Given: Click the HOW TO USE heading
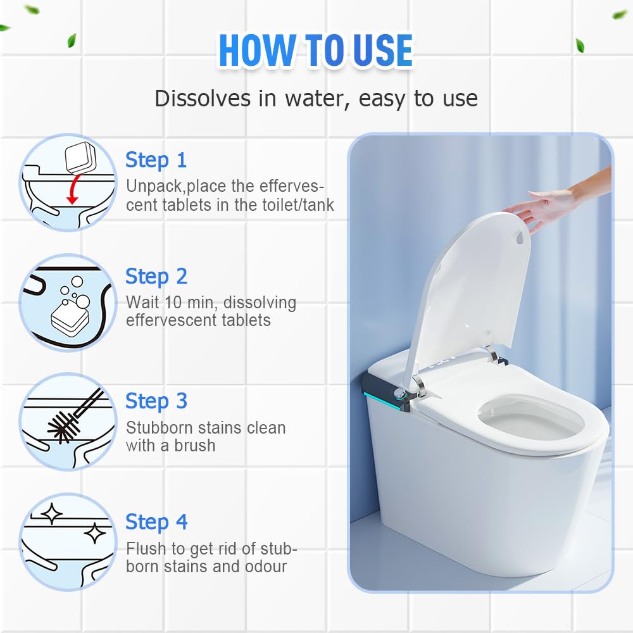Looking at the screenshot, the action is pyautogui.click(x=316, y=51).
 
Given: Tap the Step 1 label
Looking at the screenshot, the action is pyautogui.click(x=156, y=160).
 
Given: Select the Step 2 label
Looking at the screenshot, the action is pyautogui.click(x=156, y=277).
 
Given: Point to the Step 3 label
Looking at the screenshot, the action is pyautogui.click(x=156, y=401).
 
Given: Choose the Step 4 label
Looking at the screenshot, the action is pyautogui.click(x=156, y=522).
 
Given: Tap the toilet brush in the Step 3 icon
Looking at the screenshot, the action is pyautogui.click(x=75, y=416).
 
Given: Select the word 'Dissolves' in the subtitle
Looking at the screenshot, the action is pyautogui.click(x=203, y=98).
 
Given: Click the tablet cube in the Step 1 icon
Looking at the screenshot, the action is pyautogui.click(x=80, y=156).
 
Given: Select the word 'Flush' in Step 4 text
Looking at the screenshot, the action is pyautogui.click(x=146, y=549).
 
